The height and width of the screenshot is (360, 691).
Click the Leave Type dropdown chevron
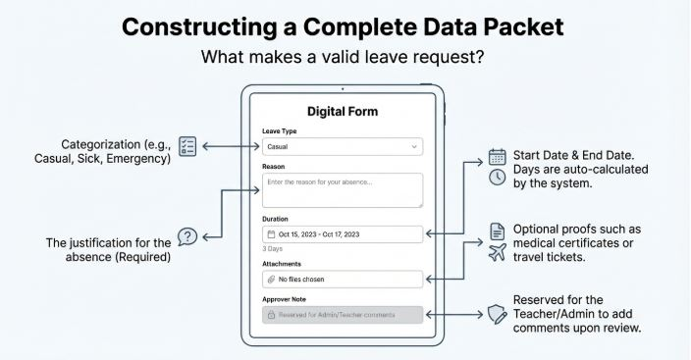point(414,147)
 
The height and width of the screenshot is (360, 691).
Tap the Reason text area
point(343,190)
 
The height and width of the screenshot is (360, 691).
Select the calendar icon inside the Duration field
point(271,234)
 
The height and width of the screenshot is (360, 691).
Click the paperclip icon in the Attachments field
point(271,280)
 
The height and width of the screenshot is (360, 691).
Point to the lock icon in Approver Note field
point(271,315)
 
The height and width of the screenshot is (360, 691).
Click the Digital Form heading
point(343,112)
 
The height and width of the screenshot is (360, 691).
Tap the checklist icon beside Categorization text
point(187,146)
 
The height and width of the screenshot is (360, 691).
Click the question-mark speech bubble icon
point(187,237)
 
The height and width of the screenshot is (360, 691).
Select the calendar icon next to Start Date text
point(497,157)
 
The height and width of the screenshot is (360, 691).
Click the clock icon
point(497,178)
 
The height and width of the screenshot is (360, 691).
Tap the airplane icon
point(497,253)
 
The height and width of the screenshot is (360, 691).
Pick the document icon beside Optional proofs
point(497,231)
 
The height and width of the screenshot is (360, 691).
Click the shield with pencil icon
point(497,315)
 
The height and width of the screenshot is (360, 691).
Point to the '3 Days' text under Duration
point(272,249)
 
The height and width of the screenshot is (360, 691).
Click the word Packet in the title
point(524,27)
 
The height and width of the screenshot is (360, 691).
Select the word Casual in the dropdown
point(277,147)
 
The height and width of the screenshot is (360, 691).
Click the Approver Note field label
point(284,299)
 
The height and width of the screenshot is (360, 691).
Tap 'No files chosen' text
point(301,280)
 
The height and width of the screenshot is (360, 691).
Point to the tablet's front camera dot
point(343,89)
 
